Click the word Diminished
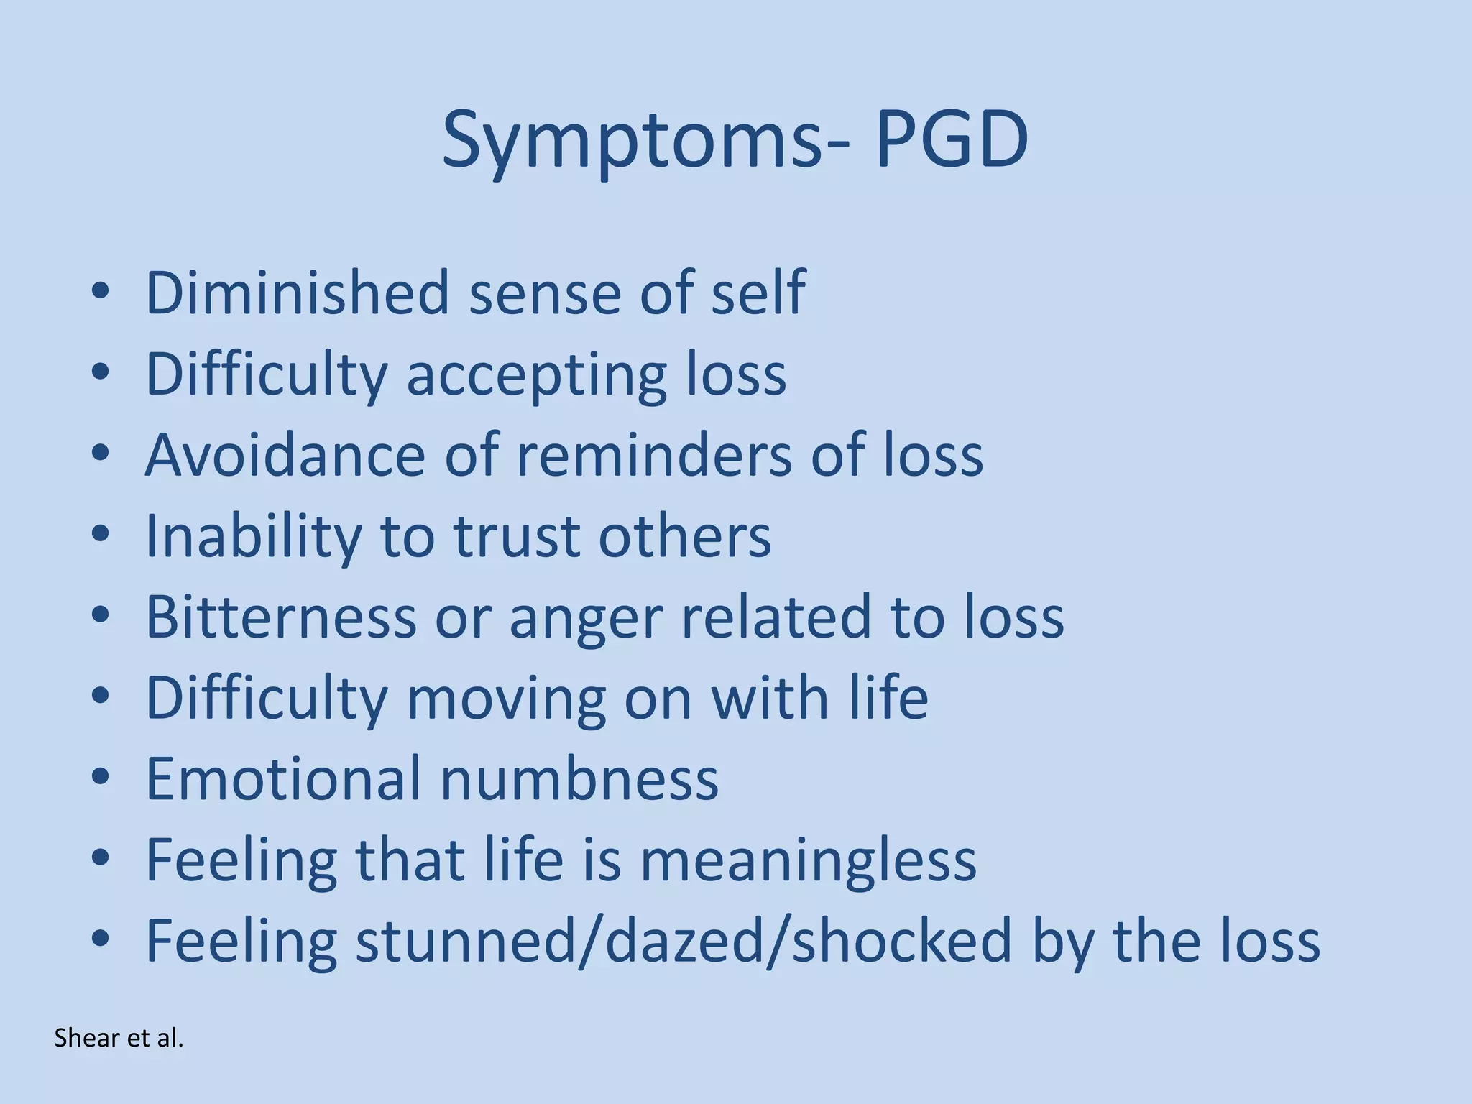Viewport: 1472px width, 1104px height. [298, 293]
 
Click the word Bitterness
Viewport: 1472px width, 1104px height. [281, 617]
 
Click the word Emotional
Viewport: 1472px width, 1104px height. [283, 778]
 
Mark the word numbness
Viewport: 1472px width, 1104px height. [579, 778]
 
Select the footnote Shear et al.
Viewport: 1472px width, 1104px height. [119, 1038]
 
